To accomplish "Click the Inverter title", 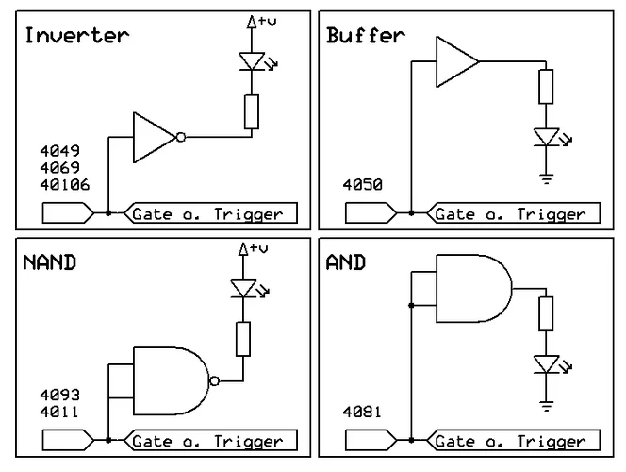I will (76, 37).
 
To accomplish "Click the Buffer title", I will (364, 37).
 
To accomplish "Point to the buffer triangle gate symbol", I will (455, 62).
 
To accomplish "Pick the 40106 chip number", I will (64, 184).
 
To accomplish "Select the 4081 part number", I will (361, 412).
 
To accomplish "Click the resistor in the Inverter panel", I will (251, 111).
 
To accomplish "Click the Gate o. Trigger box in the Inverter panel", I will (211, 213).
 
